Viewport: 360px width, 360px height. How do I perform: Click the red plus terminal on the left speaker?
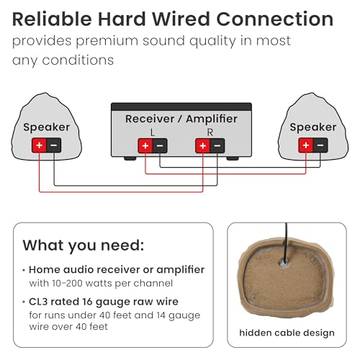pos(39,145)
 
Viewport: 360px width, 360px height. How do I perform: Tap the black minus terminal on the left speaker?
pos(54,145)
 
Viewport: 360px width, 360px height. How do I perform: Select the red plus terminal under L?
pos(145,145)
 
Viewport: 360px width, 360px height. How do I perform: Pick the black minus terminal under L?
pos(160,145)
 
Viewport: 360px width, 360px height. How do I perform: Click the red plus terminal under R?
pos(203,145)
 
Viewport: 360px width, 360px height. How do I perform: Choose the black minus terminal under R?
pos(217,145)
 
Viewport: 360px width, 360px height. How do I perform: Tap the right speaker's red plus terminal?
pos(305,145)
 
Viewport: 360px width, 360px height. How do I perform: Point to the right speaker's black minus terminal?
pos(320,145)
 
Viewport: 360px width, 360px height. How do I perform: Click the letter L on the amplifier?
pos(153,132)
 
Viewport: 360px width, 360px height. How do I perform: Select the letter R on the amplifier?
pos(210,132)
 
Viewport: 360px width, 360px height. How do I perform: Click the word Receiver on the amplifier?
pos(150,119)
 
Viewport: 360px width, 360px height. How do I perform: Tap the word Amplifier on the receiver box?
pos(212,119)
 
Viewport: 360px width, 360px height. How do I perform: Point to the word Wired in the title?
pos(181,19)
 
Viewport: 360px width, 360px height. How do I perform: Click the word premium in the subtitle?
pos(107,41)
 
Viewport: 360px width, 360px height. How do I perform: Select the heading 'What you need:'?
pos(84,246)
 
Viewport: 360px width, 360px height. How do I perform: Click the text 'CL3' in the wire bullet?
pos(38,302)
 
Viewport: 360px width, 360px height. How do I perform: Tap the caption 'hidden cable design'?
pos(287,333)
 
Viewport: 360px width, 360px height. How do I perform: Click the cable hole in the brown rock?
pos(284,264)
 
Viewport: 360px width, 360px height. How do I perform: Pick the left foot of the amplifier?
pos(130,158)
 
